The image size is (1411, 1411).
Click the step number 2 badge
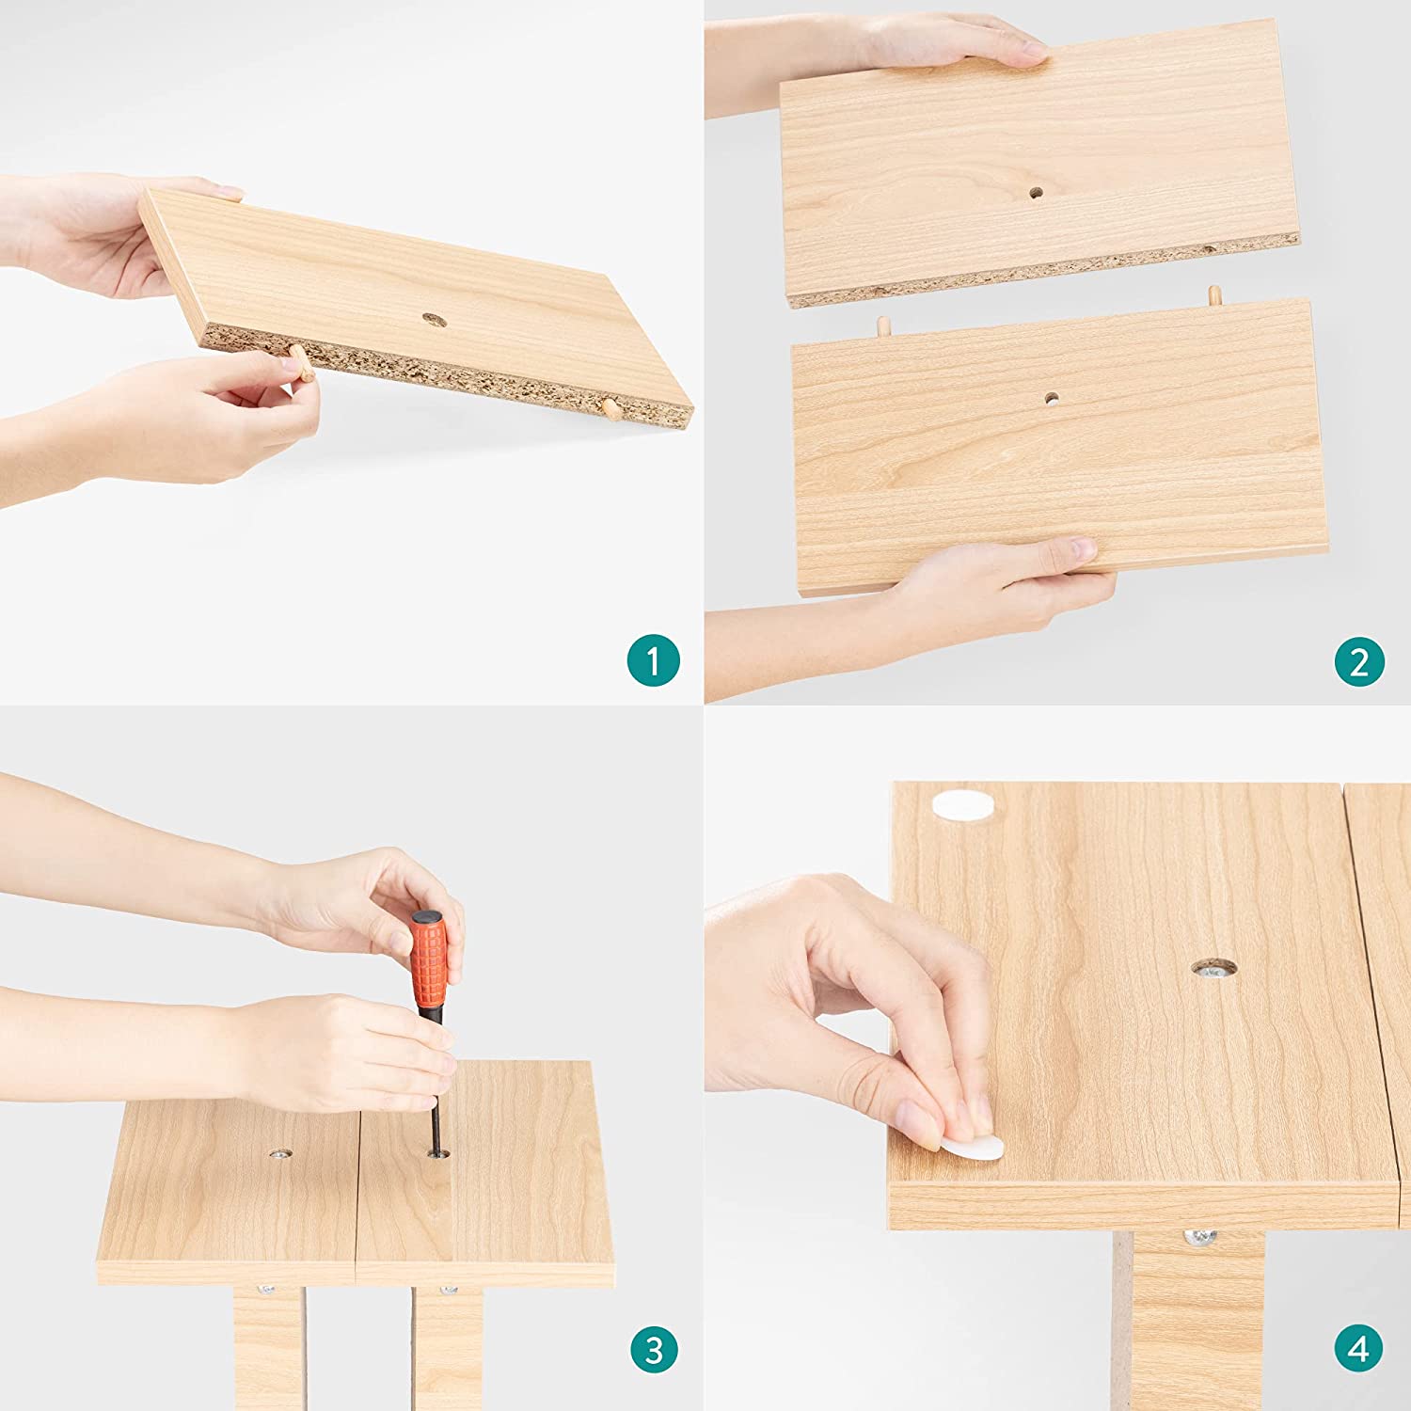point(1359,661)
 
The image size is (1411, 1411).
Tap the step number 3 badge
point(654,1350)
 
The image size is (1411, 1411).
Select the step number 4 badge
point(1359,1349)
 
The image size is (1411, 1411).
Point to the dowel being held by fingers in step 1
point(302,363)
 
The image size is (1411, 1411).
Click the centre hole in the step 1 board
point(434,320)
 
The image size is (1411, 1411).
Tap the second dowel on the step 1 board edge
point(610,408)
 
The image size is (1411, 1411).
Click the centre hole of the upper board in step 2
point(1036,193)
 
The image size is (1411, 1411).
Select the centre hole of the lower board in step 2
point(1051,398)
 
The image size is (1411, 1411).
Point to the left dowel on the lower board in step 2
point(884,327)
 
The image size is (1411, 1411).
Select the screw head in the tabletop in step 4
point(1214,967)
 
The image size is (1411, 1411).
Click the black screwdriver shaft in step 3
point(436,1081)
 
